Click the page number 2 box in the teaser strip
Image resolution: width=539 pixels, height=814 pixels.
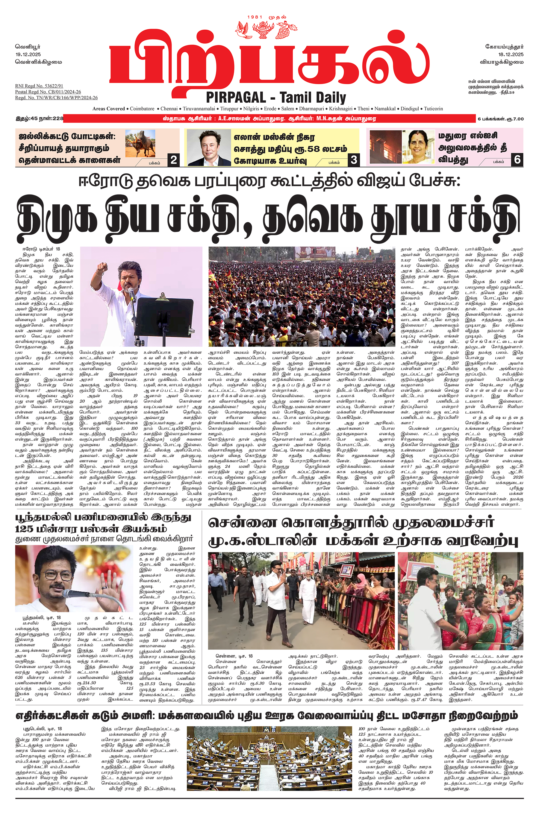tap(174, 160)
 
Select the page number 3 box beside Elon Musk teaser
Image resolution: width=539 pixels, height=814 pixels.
tap(353, 160)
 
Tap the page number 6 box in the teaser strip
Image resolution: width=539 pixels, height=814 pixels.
tap(517, 160)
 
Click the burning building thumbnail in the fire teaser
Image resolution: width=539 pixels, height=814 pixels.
tap(385, 147)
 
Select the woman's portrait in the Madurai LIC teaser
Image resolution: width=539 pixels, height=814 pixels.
tap(421, 147)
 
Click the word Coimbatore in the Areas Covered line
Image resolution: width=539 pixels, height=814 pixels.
tap(142, 109)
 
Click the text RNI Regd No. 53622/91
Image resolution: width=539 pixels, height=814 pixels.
tap(39, 86)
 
